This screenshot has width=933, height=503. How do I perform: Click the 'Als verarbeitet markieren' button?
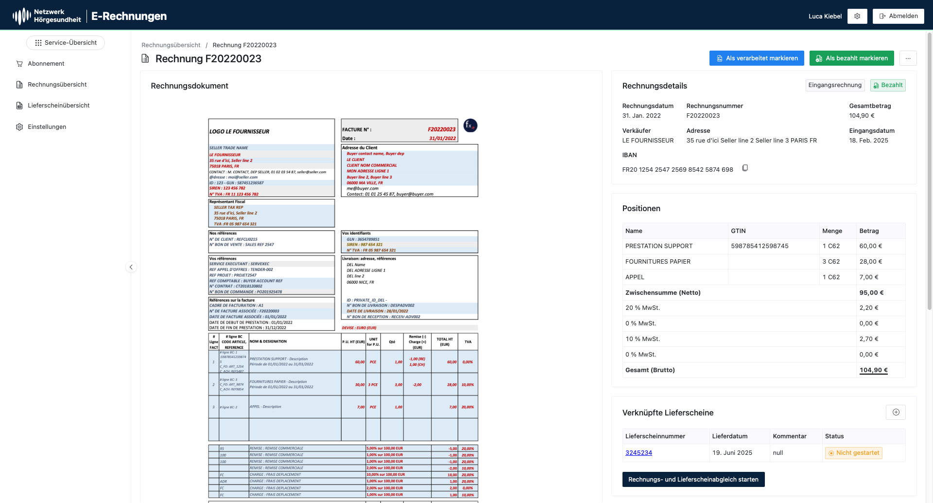point(756,58)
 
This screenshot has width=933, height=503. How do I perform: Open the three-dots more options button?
point(908,58)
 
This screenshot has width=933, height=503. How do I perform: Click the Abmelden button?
point(898,16)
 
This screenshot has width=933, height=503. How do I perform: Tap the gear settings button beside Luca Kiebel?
point(857,16)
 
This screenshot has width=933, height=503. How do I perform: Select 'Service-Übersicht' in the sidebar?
point(66,43)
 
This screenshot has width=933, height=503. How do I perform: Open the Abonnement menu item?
point(46,64)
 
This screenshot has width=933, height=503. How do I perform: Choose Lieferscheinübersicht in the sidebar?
point(58,106)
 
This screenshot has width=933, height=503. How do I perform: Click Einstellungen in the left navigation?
point(47,127)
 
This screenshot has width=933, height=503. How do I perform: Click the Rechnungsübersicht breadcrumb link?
point(171,45)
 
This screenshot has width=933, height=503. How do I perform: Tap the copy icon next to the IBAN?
point(745,168)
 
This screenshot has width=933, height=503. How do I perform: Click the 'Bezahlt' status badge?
point(888,85)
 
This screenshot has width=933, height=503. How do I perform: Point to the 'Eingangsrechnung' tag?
point(834,85)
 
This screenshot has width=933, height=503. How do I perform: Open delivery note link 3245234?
point(639,453)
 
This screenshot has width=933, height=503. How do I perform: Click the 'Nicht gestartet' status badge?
point(854,453)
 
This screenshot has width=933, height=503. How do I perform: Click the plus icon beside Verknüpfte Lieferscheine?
point(896,413)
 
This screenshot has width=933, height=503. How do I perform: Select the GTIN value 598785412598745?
point(760,246)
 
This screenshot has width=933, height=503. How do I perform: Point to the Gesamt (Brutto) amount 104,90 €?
point(873,370)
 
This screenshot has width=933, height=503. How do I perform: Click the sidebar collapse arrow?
point(131,267)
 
